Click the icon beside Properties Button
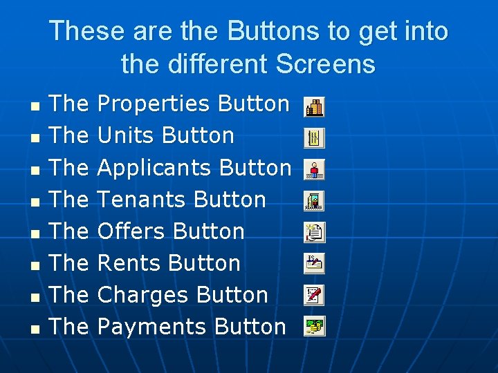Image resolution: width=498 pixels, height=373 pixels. coord(314,106)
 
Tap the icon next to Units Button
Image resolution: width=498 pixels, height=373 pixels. coord(314,138)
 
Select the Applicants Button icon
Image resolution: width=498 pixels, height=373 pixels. coord(314,169)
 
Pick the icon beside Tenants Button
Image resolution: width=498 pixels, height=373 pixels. coord(314,201)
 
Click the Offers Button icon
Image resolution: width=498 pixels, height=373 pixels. coord(314,233)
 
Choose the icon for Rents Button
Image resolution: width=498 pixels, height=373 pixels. coord(314,263)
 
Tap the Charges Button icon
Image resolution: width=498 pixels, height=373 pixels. coord(314,295)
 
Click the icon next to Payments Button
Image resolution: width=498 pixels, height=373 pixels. coord(314,326)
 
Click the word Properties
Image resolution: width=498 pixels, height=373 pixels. coord(154,104)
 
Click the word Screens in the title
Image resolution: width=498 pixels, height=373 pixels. coord(325,64)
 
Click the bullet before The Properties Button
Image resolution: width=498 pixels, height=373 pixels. coord(35,106)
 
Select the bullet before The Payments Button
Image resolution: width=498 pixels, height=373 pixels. coord(35,329)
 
